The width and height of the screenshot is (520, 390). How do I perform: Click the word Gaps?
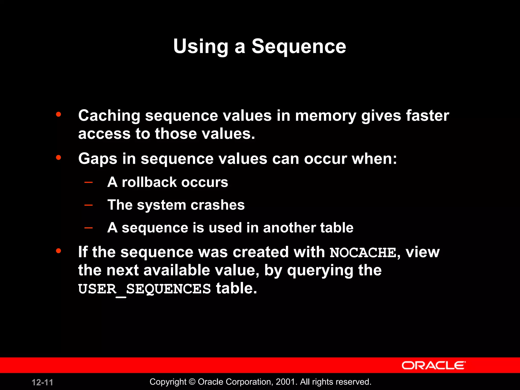pyautogui.click(x=98, y=159)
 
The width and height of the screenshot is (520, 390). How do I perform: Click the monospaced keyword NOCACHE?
pyautogui.click(x=363, y=253)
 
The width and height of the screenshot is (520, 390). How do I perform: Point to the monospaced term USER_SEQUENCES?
pyautogui.click(x=144, y=289)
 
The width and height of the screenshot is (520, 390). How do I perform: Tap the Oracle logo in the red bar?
pyautogui.click(x=433, y=365)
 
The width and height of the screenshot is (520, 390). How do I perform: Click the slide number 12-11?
pyautogui.click(x=42, y=382)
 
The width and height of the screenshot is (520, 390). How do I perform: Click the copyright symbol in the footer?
pyautogui.click(x=192, y=382)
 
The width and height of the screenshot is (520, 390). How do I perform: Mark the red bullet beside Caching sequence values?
pyautogui.click(x=58, y=115)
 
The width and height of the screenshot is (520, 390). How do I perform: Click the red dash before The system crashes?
pyautogui.click(x=88, y=205)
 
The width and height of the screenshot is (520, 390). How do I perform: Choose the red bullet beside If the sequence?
pyautogui.click(x=58, y=251)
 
